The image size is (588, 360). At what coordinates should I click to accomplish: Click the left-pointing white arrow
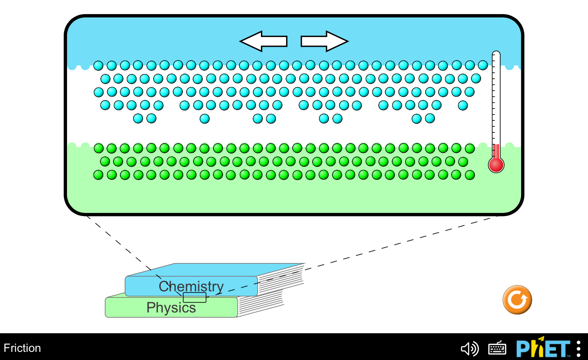264,41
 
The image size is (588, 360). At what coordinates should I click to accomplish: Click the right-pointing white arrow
325,41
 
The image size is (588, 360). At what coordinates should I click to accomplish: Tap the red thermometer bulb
496,165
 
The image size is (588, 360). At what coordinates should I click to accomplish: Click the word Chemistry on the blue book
191,286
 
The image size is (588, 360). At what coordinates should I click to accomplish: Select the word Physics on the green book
171,308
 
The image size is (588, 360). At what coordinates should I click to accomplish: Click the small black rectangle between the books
195,297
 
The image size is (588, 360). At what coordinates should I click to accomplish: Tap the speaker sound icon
470,349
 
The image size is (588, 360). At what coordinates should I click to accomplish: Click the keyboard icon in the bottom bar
497,349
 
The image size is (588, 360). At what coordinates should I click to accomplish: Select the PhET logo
543,347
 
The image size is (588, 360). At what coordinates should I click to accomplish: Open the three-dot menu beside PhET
579,349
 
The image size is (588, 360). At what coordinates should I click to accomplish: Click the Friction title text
22,348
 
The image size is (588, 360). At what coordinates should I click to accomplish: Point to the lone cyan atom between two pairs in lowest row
205,119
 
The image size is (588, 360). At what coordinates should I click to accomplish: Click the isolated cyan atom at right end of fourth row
463,106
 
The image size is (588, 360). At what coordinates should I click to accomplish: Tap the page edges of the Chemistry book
280,280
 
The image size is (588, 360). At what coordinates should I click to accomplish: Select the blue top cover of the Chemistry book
215,270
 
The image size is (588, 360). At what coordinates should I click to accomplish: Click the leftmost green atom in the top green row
99,148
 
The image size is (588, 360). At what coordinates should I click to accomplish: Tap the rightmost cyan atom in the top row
483,65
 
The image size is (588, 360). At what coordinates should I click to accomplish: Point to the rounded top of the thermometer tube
496,53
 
